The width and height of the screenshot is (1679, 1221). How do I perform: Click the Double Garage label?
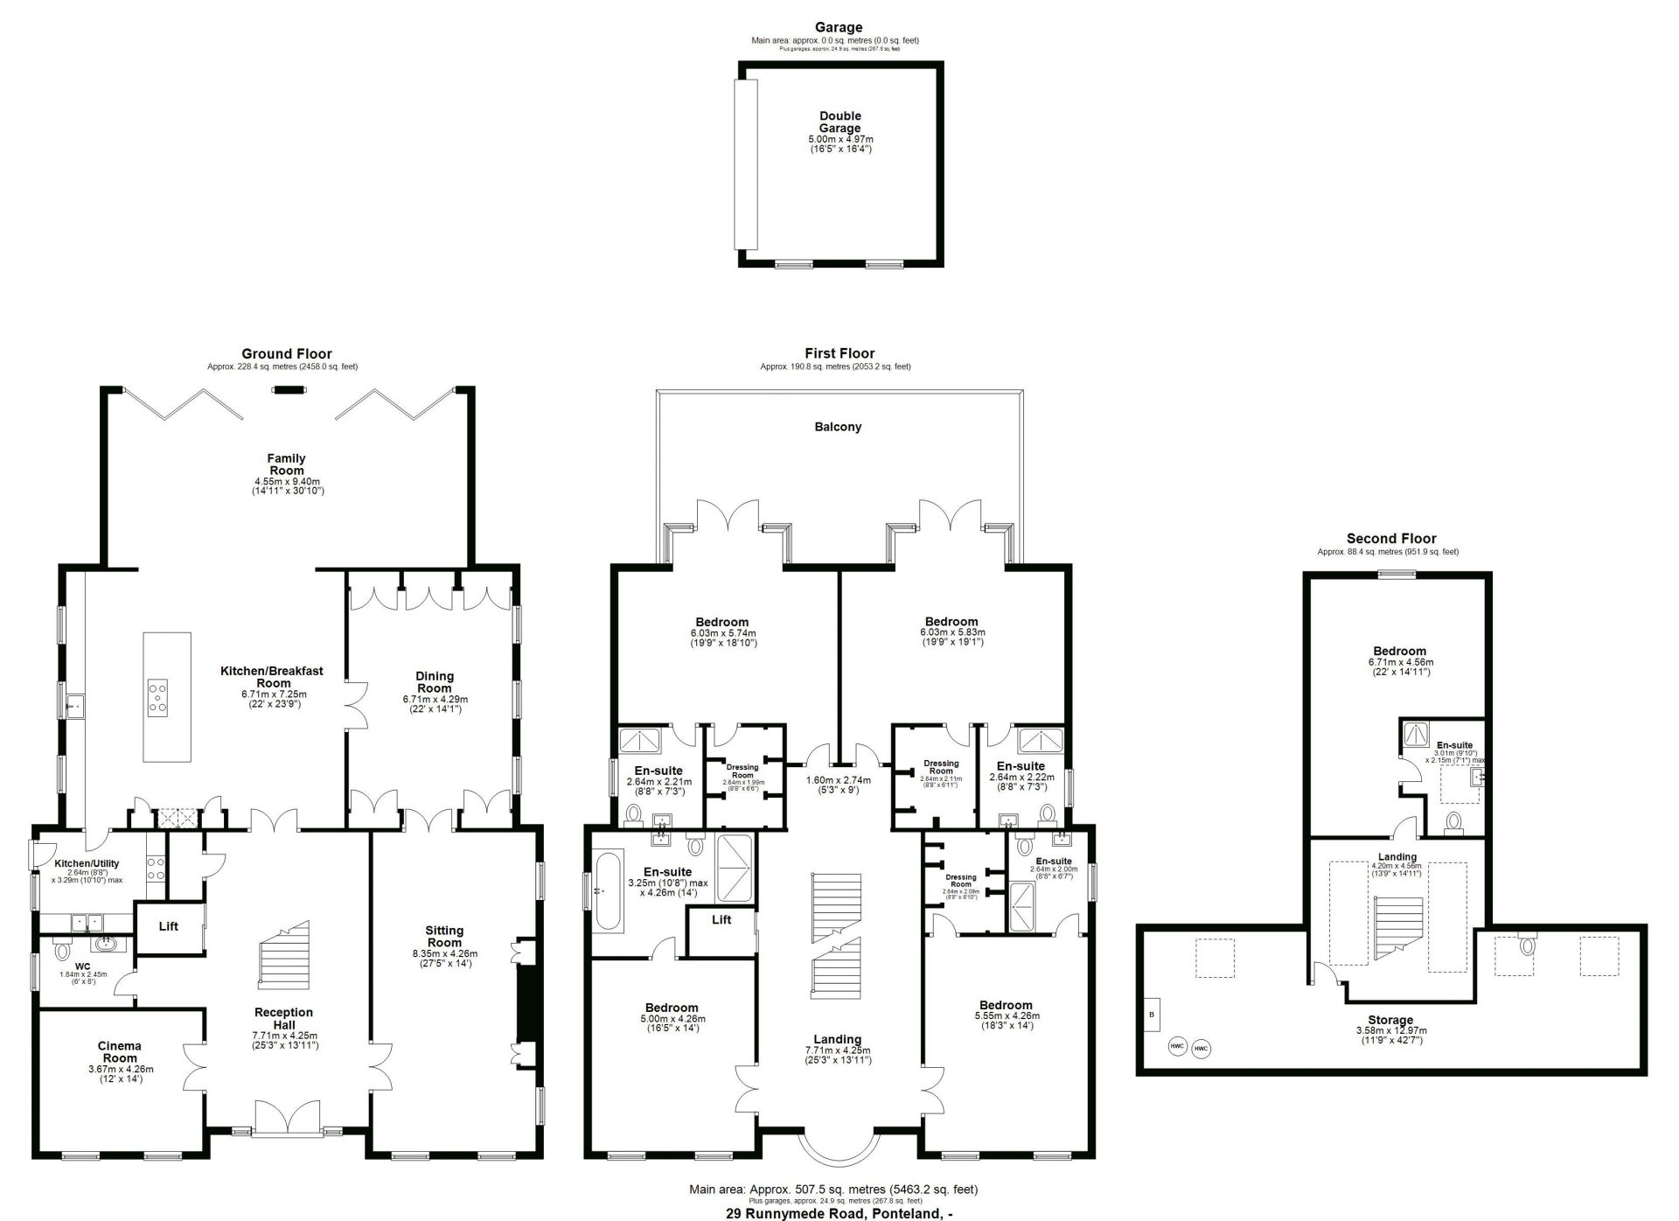pos(839,122)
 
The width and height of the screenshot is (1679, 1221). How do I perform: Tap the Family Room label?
pos(286,464)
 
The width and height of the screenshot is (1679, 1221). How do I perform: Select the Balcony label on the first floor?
pos(838,427)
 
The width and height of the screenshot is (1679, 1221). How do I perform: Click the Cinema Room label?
pos(119,1051)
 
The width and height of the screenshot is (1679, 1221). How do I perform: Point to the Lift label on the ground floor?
pos(169,925)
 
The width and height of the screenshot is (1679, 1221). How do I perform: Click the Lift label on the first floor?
pos(721,919)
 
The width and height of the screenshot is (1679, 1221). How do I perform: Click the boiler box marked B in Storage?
pos(1151,1015)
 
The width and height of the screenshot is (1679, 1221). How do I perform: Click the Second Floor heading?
pos(1390,539)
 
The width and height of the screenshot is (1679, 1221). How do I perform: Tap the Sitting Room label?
pos(444,936)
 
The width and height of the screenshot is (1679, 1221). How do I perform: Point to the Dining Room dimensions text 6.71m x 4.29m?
pos(435,699)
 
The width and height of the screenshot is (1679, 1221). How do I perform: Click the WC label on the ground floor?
pos(83,966)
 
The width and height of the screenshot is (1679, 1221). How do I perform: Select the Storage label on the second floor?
pos(1390,1020)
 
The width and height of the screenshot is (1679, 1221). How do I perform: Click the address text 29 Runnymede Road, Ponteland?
pos(839,1213)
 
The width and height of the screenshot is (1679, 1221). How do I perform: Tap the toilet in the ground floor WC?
pos(62,949)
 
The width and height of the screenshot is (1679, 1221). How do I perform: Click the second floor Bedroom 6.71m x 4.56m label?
pos(1399,651)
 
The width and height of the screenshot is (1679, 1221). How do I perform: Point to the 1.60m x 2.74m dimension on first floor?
pos(838,779)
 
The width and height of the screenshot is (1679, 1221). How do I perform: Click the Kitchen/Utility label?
pos(87,863)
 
